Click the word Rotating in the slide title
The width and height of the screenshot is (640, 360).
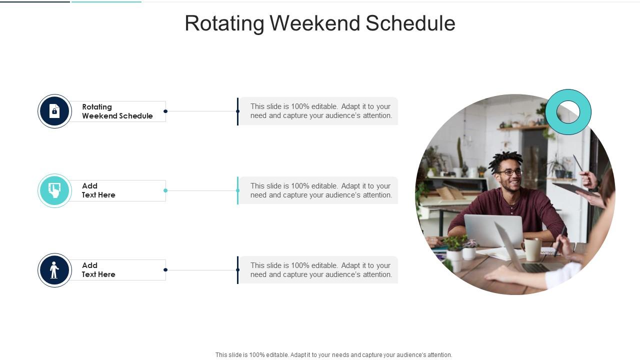224,23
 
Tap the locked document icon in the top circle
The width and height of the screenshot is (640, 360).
54,111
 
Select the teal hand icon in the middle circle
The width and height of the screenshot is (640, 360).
54,190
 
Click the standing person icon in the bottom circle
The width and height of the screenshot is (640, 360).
54,270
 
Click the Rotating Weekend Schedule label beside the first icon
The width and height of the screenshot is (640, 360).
117,111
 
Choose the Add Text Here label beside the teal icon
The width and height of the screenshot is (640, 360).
99,190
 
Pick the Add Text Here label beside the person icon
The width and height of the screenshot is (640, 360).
99,270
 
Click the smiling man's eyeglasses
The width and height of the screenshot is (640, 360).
510,172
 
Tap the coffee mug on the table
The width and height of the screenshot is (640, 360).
532,249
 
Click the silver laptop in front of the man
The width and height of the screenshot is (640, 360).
493,230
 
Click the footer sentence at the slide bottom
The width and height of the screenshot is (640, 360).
333,355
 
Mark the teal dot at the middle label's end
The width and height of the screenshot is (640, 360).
165,190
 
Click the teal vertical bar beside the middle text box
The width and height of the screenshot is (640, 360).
237,190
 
